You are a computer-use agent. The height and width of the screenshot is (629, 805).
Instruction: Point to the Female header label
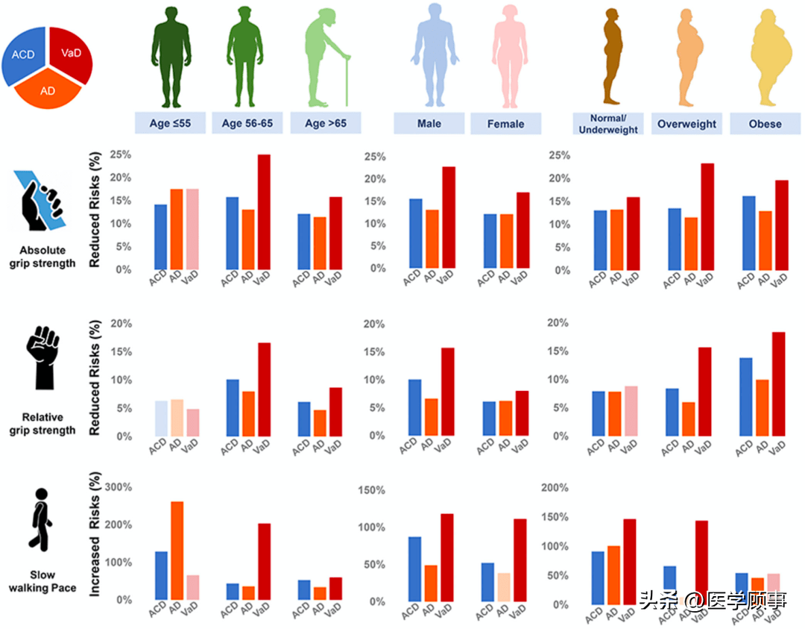click(x=505, y=124)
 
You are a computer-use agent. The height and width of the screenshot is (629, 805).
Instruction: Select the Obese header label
click(x=765, y=124)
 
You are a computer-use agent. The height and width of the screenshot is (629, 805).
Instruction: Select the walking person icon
click(x=41, y=517)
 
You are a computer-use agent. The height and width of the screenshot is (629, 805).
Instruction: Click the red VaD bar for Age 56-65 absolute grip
click(x=264, y=211)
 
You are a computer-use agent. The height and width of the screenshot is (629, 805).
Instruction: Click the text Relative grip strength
click(x=42, y=424)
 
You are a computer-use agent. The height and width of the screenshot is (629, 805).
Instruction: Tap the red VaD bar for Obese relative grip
click(x=779, y=384)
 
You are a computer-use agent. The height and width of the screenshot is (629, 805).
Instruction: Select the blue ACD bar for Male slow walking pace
click(x=414, y=568)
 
